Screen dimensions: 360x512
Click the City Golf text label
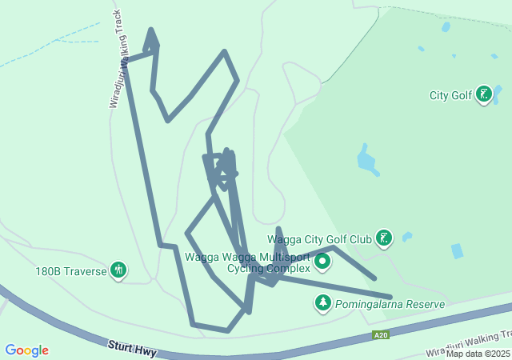click(x=450, y=96)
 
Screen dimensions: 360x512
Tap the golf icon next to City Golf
click(x=483, y=95)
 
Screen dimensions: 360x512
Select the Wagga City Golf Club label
click(x=319, y=238)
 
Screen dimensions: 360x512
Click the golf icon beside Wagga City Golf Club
click(x=385, y=238)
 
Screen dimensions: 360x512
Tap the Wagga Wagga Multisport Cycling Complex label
click(x=247, y=262)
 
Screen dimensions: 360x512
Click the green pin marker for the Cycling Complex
click(x=322, y=262)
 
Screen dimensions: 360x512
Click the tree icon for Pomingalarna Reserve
click(x=322, y=304)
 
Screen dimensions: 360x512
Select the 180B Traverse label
click(x=70, y=271)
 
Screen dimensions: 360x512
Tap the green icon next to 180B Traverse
click(x=118, y=270)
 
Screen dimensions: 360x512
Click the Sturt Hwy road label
click(x=133, y=349)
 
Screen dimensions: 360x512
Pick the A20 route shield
click(x=382, y=334)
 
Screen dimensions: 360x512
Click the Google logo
click(x=26, y=350)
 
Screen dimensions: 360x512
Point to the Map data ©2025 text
click(x=478, y=354)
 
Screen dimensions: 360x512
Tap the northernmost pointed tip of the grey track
click(x=150, y=31)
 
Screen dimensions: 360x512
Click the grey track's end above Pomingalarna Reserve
click(x=390, y=297)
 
